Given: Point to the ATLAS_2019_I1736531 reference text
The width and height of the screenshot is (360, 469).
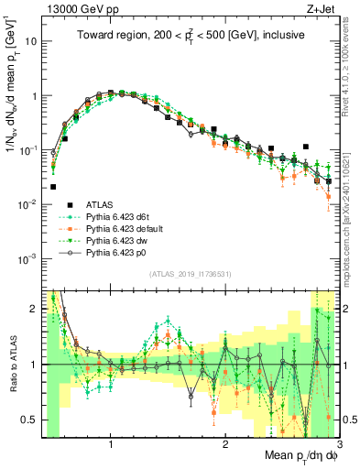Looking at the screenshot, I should coord(190,274).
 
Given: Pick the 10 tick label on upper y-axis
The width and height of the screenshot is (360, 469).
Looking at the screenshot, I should coord(31,42).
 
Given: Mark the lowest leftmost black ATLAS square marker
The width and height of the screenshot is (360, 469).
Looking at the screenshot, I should coord(53,187).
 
